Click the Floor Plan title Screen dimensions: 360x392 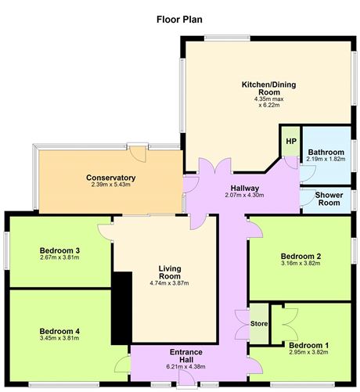pyautogui.click(x=179, y=20)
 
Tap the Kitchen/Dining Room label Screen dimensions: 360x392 pyautogui.click(x=269, y=88)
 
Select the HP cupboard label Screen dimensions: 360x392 pyautogui.click(x=291, y=142)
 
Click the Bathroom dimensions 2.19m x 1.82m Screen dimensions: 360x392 pyautogui.click(x=326, y=159)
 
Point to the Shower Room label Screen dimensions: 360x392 pyautogui.click(x=329, y=199)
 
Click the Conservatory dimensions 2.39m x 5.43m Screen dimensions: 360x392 pyautogui.click(x=111, y=185)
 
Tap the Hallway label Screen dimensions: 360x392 pyautogui.click(x=245, y=188)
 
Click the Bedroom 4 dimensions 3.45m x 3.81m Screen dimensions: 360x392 pyautogui.click(x=59, y=338)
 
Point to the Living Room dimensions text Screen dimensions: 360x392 pyautogui.click(x=170, y=283)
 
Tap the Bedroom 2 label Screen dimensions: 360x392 pyautogui.click(x=301, y=256)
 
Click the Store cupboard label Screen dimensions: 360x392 pyautogui.click(x=259, y=324)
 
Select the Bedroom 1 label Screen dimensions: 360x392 pyautogui.click(x=308, y=345)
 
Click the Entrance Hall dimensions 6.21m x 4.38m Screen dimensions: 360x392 pyautogui.click(x=185, y=367)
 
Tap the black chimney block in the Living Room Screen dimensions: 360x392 pyautogui.click(x=121, y=308)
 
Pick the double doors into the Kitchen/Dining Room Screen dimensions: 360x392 pyautogui.click(x=215, y=165)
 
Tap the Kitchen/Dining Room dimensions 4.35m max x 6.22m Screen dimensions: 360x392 pyautogui.click(x=269, y=102)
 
